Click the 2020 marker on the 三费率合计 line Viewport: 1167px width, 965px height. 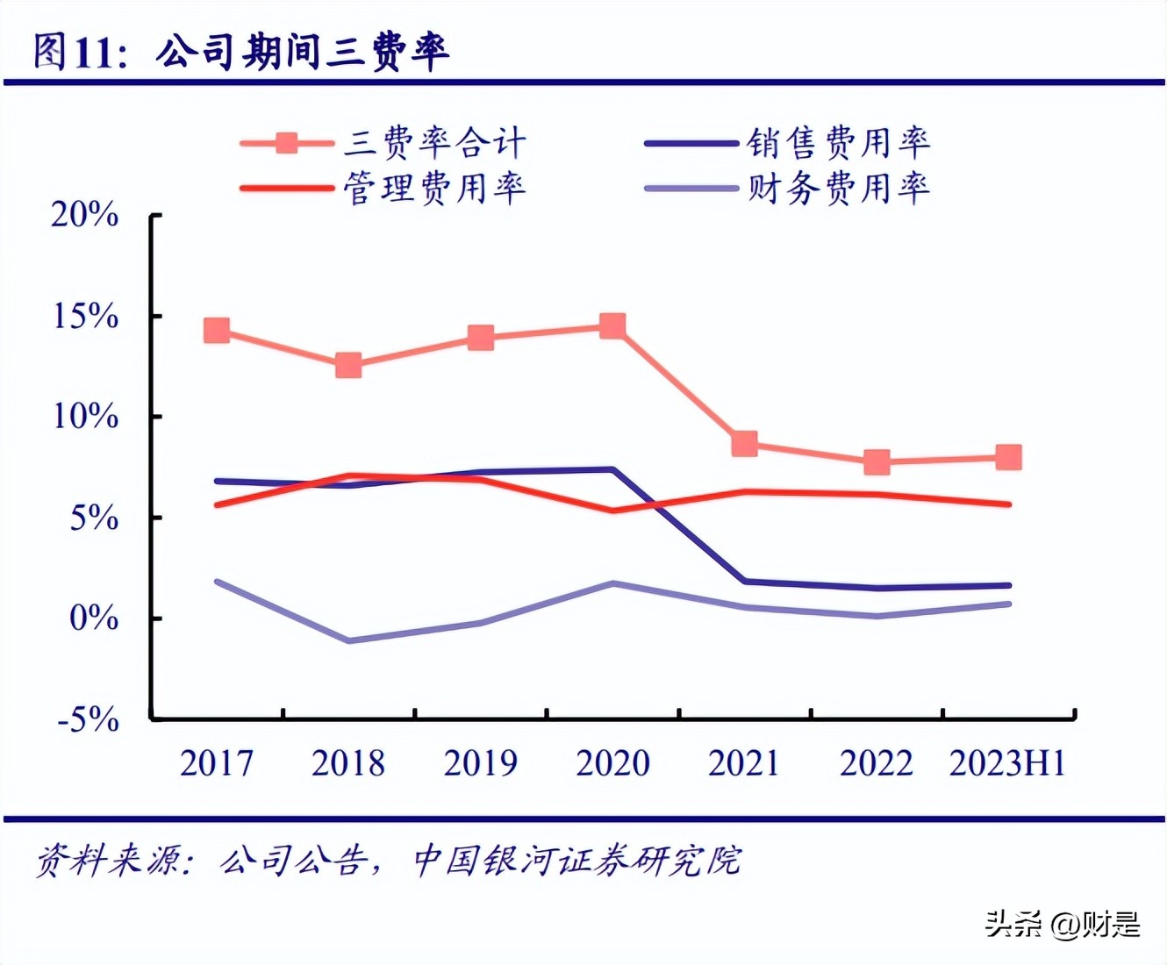click(x=612, y=326)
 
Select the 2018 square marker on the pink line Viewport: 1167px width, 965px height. click(x=348, y=365)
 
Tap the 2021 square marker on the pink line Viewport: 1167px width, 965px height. click(x=744, y=444)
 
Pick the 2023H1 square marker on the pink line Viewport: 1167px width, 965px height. click(x=1008, y=457)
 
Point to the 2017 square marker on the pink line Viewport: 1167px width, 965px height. click(x=217, y=331)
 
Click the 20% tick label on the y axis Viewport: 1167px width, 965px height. click(x=84, y=215)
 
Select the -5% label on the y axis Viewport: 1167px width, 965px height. click(x=88, y=720)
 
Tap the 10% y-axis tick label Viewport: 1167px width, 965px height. click(x=85, y=417)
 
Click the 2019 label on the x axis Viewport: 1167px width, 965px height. click(x=480, y=763)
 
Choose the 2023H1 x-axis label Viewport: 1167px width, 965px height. click(x=1007, y=763)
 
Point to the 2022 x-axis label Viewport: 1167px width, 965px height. click(x=876, y=763)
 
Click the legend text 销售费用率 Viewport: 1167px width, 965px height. click(x=838, y=142)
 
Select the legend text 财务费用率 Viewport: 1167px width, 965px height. click(x=838, y=188)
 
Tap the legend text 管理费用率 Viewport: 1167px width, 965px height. click(x=434, y=188)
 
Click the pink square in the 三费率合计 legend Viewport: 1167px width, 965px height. click(x=287, y=143)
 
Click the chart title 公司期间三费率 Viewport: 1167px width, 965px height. click(x=303, y=52)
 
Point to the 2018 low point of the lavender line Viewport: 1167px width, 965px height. click(x=348, y=640)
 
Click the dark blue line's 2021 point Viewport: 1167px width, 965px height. click(x=744, y=581)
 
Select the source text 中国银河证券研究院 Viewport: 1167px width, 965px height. click(x=576, y=861)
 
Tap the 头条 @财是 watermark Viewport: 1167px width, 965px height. click(x=1062, y=924)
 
